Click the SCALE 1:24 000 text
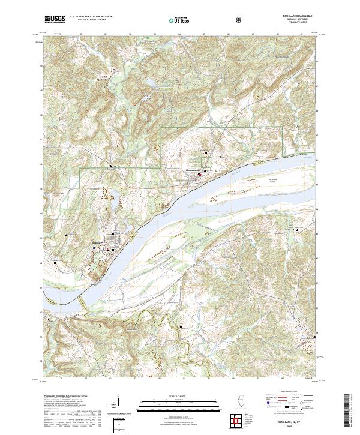(x=179, y=396)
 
